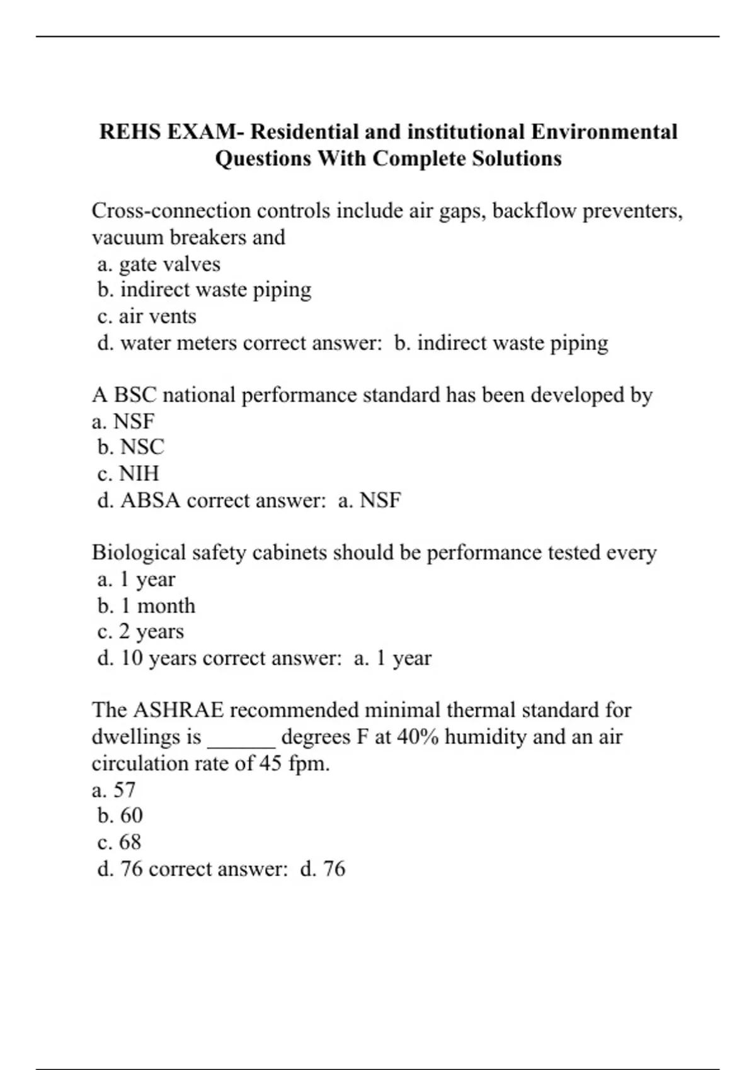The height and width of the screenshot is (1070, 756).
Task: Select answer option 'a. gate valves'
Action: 159,264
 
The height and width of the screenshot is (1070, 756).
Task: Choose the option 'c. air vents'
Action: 147,316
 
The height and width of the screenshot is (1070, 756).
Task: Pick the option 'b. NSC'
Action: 131,447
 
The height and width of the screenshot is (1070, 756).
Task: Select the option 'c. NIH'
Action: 129,473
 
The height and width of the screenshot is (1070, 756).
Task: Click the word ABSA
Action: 151,500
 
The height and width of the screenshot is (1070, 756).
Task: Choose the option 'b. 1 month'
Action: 146,605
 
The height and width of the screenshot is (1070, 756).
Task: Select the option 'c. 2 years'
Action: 140,631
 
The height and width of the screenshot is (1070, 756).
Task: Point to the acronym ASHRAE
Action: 179,710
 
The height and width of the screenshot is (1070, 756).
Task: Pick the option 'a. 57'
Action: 114,790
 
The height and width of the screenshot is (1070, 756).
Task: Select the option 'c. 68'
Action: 120,842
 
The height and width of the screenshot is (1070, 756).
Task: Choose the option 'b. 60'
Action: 120,816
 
